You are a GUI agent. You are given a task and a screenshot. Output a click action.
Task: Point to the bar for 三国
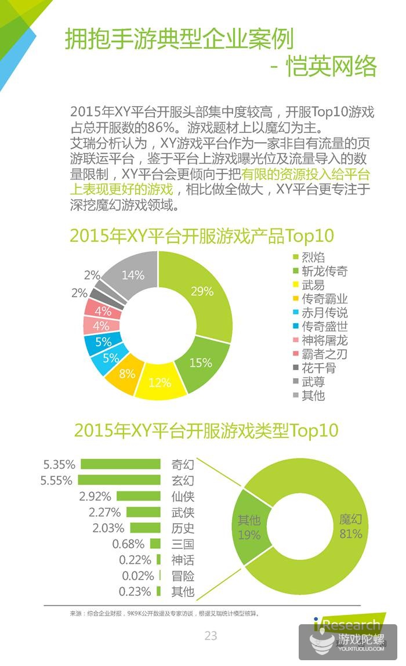coord(155,544)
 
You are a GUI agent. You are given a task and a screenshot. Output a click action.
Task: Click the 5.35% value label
coord(59,464)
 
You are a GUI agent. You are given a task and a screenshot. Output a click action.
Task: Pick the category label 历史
coord(182,528)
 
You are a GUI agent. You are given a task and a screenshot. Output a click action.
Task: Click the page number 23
coord(211,636)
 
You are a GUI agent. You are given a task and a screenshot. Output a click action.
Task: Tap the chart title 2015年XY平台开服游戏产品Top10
coord(202,236)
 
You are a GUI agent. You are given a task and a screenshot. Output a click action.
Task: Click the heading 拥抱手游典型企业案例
coord(179,39)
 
